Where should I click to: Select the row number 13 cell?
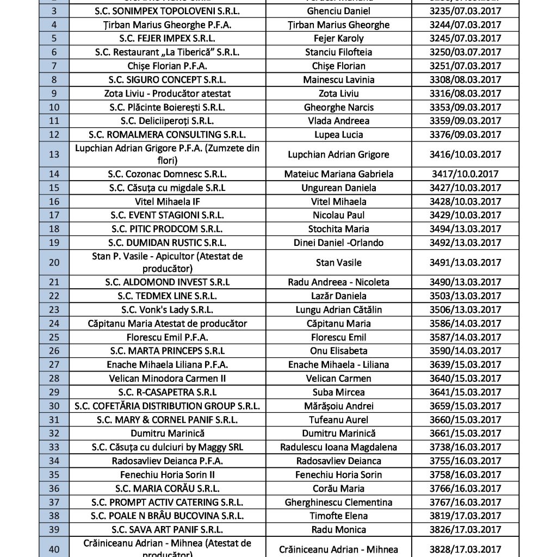pos(54,154)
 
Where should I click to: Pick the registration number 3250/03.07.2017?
pos(464,52)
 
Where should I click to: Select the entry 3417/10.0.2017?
pos(464,174)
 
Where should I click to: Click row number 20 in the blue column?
pos(54,263)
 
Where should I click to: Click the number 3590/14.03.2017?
pos(464,351)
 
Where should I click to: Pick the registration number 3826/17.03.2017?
pos(464,529)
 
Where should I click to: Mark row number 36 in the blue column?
pos(54,488)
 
